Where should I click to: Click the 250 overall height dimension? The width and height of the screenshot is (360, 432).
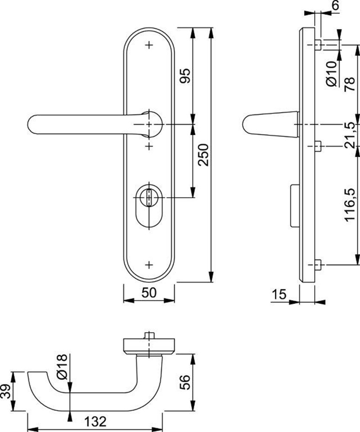click(204, 155)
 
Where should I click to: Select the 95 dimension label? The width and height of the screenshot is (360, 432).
click(185, 76)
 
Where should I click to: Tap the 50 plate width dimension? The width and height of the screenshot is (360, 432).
click(149, 292)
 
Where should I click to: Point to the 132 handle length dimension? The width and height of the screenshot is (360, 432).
click(96, 422)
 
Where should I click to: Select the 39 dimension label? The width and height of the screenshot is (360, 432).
click(6, 391)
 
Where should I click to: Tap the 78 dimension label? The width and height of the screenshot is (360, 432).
click(350, 84)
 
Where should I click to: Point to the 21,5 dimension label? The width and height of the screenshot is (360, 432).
click(350, 135)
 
